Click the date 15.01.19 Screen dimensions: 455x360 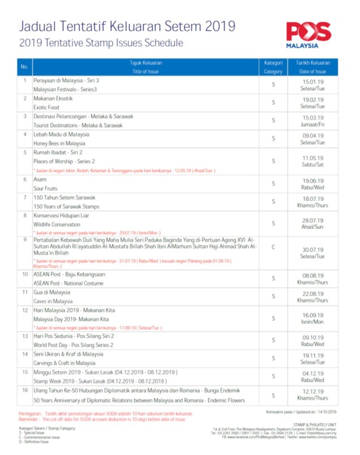tap(313, 83)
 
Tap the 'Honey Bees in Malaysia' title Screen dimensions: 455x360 tap(59, 143)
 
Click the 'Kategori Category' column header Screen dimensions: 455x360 tap(273, 67)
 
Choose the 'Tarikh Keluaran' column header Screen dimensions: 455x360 tap(313, 63)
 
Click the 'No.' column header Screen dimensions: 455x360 tap(24, 67)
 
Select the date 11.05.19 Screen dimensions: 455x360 tap(313, 158)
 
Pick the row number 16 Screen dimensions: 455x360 tap(24, 391)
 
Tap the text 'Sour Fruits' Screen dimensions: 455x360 tap(47, 188)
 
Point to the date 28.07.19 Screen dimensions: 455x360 tap(313, 221)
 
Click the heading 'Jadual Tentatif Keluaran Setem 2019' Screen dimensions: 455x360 tap(127, 26)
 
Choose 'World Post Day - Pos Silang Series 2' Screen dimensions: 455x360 tap(73, 344)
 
